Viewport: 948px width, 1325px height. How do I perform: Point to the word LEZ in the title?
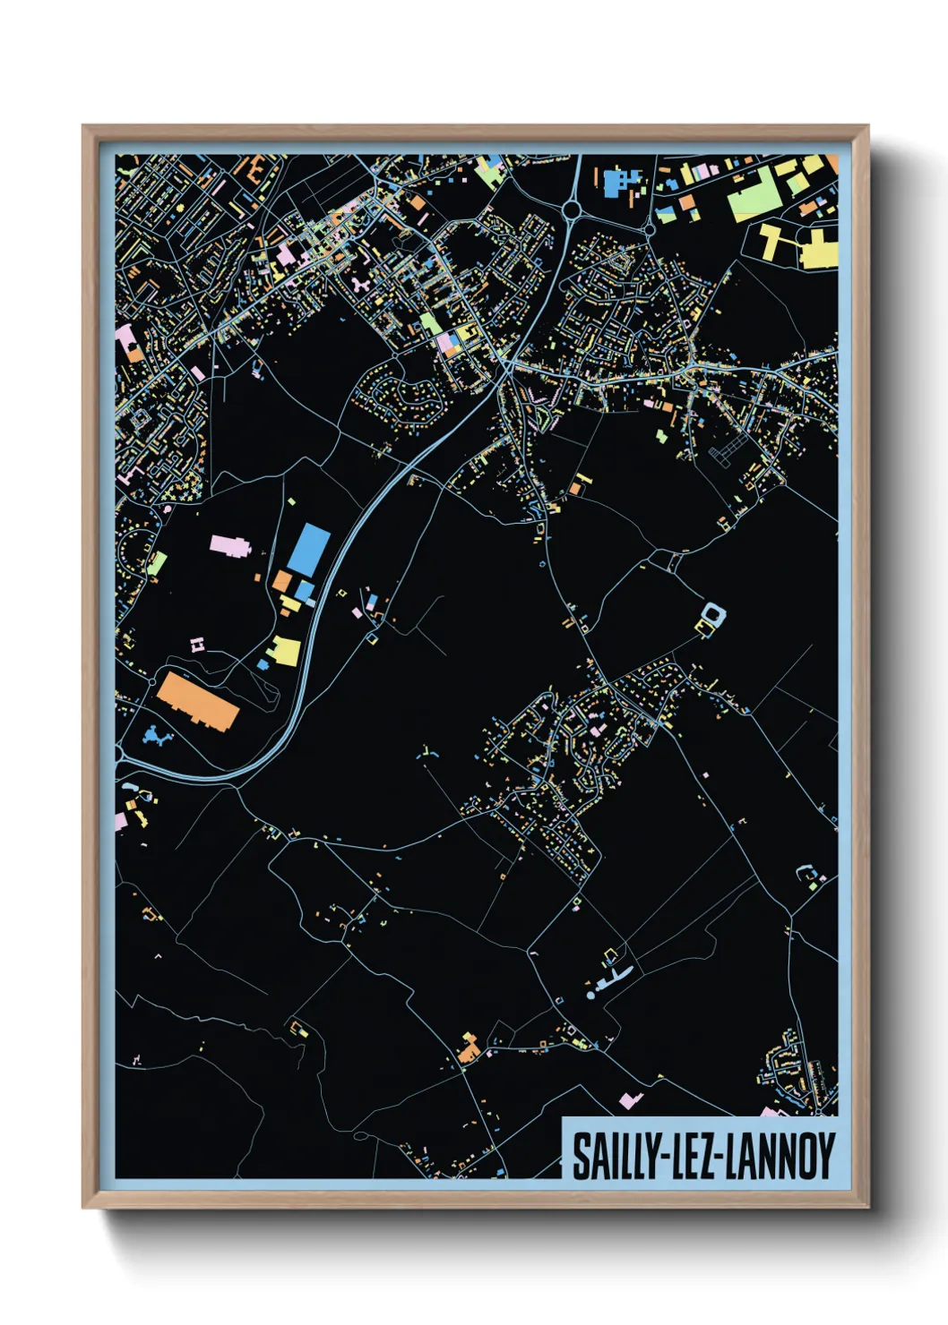pos(690,1157)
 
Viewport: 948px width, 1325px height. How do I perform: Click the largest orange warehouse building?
pos(198,702)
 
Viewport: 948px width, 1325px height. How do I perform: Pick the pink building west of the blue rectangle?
pos(229,545)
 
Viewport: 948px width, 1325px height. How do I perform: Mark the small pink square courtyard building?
pos(197,644)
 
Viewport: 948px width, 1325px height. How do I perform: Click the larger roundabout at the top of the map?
pos(572,210)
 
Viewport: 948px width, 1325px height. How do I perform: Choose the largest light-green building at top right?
pos(751,198)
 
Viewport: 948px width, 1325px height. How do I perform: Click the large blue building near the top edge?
pos(617,182)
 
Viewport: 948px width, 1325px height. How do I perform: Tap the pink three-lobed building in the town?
pos(360,286)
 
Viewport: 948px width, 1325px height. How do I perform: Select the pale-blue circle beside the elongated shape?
pos(590,995)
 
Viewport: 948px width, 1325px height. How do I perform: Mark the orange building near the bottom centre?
pos(468,1048)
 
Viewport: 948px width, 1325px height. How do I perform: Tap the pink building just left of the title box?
pos(631,1099)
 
